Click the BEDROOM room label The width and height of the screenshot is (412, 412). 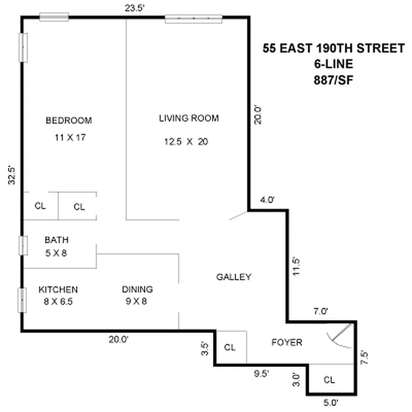[68, 121]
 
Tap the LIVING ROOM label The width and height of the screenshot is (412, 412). [188, 118]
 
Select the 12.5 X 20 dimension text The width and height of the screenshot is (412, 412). [186, 142]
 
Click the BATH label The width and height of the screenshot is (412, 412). [57, 240]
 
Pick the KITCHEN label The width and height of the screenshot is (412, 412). [58, 289]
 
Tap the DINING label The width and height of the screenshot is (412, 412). [137, 289]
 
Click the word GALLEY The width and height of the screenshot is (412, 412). [234, 277]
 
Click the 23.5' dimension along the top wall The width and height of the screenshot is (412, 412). [133, 8]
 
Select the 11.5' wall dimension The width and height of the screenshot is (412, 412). [296, 266]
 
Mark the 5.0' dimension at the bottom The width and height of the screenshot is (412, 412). [330, 402]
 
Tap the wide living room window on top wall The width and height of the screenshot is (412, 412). [193, 19]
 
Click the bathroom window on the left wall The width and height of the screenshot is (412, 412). [23, 245]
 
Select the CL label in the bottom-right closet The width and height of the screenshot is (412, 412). [330, 380]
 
